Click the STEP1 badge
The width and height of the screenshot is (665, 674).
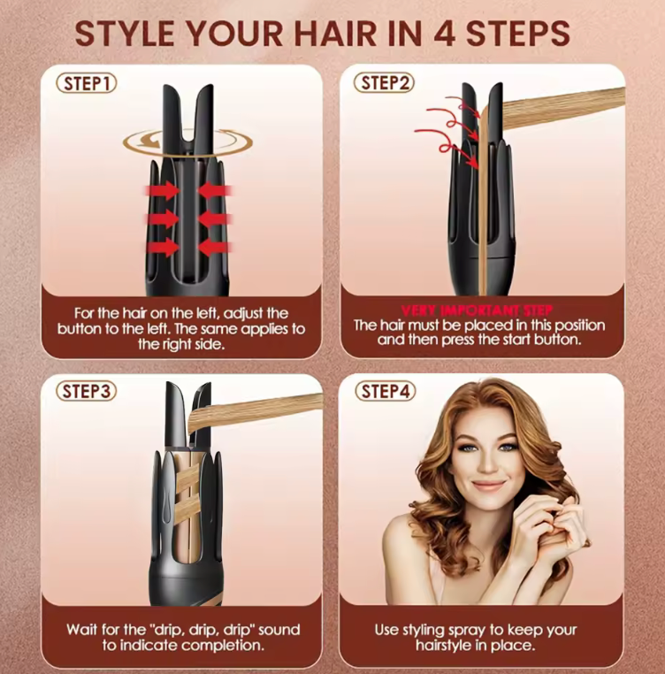[87, 83]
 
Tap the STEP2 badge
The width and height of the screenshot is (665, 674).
[384, 82]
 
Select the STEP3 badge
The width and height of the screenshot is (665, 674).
[87, 391]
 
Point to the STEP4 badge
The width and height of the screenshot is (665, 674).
[386, 391]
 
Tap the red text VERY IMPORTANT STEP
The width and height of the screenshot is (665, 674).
[478, 310]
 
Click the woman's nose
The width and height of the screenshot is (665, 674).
[487, 463]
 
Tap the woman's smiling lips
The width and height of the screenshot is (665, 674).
[488, 486]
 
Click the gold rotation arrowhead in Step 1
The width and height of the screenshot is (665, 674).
[151, 141]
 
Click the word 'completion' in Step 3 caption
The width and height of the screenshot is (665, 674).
[220, 645]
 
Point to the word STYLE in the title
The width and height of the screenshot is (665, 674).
[124, 34]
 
